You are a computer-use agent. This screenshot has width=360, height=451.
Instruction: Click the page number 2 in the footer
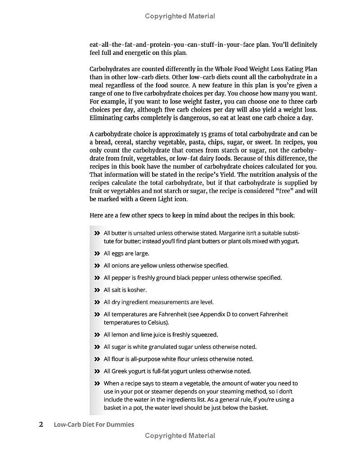point(41,424)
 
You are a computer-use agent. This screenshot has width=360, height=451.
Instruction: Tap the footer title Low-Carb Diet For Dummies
point(94,424)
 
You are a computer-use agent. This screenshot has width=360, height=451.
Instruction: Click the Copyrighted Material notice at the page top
point(180,16)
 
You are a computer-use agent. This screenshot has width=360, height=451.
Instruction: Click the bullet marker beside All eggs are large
point(97,254)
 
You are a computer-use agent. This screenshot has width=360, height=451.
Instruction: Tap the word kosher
point(137,290)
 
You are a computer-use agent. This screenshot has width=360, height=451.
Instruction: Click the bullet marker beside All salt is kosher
point(97,290)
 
